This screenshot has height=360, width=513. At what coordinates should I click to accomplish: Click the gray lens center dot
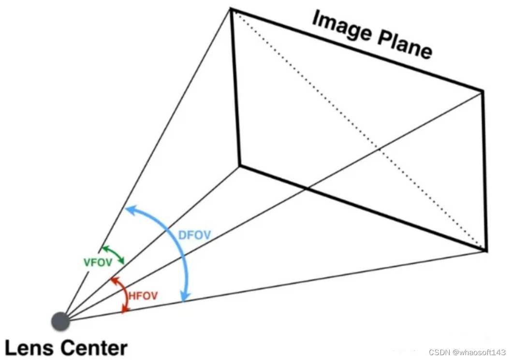(x=61, y=321)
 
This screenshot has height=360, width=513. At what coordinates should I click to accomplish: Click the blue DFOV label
(x=194, y=235)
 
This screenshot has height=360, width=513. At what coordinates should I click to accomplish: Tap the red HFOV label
(x=143, y=295)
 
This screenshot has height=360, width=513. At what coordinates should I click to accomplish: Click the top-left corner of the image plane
(x=231, y=9)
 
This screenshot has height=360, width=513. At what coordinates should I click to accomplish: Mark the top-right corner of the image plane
(x=483, y=90)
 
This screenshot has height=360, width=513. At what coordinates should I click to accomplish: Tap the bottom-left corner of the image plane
(x=239, y=166)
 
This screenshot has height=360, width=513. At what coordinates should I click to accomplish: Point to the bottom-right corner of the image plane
(x=485, y=250)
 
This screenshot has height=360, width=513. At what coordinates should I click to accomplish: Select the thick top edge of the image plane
(x=356, y=49)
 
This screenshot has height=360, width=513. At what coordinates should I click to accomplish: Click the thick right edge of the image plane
(x=484, y=170)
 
